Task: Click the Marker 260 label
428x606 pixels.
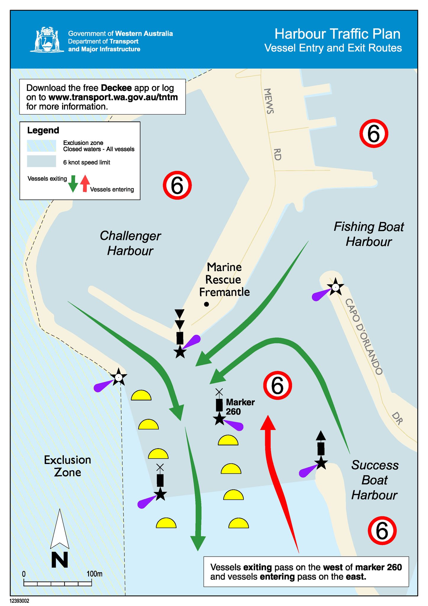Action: (x=240, y=407)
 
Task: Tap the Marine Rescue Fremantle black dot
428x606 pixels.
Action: (x=207, y=304)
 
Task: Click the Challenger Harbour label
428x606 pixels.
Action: (x=130, y=243)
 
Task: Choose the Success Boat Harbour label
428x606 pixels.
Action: (x=374, y=480)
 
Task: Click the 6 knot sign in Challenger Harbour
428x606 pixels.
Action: (x=177, y=186)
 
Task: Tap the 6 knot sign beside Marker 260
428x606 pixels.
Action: (x=278, y=386)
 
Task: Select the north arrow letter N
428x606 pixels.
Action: (x=60, y=560)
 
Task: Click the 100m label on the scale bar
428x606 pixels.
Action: (x=94, y=574)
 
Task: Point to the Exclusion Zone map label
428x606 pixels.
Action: (x=67, y=466)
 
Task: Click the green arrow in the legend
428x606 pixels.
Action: (x=73, y=184)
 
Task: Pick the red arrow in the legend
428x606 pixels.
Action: (x=85, y=184)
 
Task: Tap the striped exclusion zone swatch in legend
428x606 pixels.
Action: (x=41, y=146)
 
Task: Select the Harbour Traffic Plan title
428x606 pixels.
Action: (x=337, y=34)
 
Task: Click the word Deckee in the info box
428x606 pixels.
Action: (x=116, y=88)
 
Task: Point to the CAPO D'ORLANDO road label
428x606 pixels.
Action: (x=364, y=337)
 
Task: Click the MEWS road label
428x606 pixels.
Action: (x=269, y=101)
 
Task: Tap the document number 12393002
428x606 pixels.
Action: (x=20, y=601)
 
